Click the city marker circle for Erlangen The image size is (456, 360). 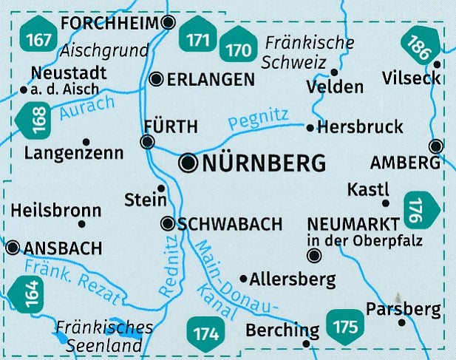click(x=156, y=79)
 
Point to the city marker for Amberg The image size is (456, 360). click(x=436, y=146)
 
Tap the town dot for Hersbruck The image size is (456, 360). click(x=310, y=128)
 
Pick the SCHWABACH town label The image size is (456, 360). click(x=230, y=224)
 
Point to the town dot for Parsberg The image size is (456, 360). click(x=402, y=322)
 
